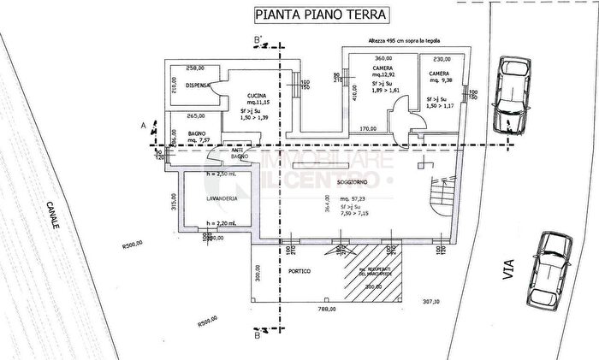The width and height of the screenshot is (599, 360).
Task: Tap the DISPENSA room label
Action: point(187,84)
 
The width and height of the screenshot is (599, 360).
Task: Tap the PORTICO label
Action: point(299,271)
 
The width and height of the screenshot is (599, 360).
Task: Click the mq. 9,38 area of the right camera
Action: point(441,83)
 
